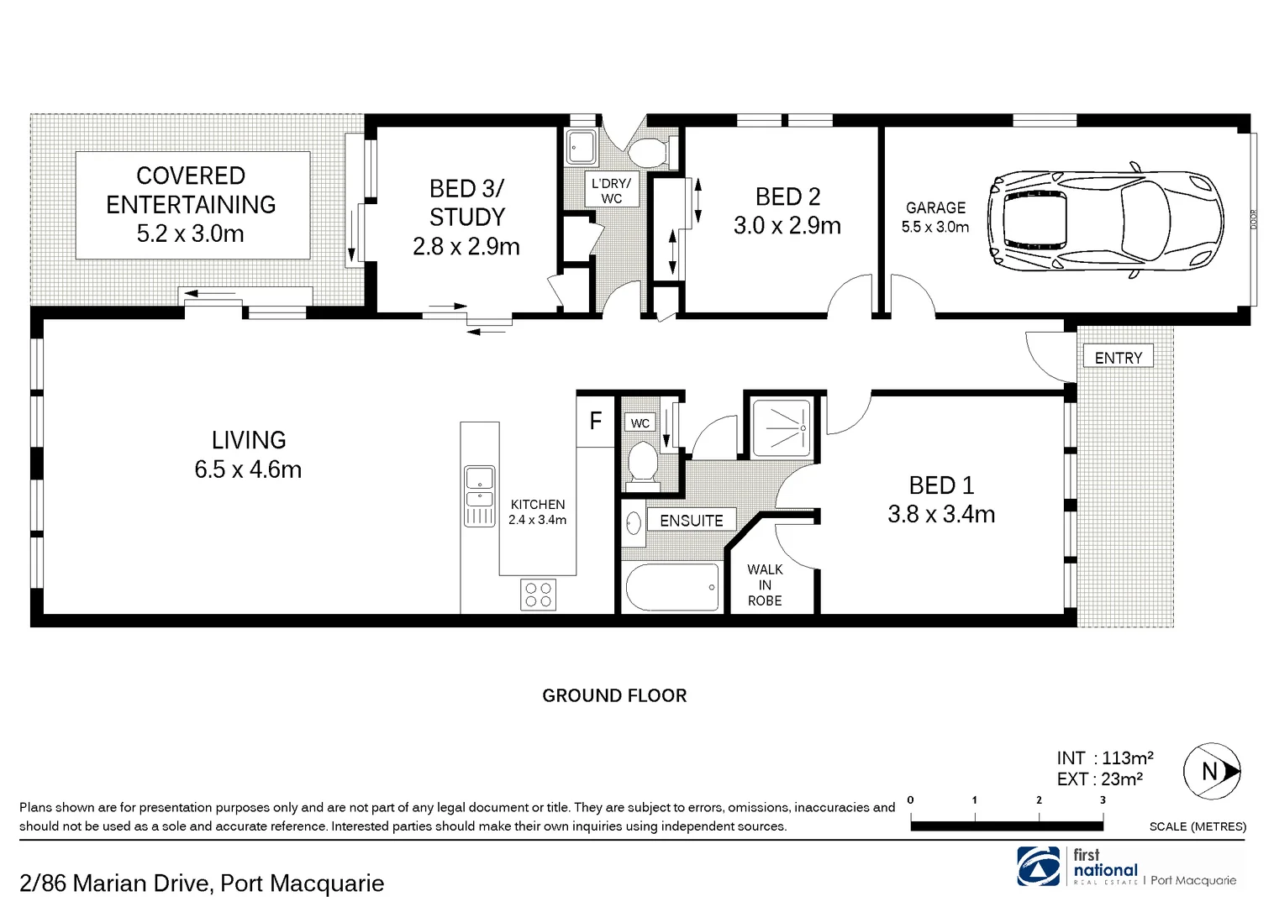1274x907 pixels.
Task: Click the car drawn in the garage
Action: (x=1106, y=221)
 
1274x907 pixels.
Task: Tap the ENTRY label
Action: (x=1118, y=358)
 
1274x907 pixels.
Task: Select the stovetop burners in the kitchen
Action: (x=538, y=595)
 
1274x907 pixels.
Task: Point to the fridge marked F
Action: (x=596, y=420)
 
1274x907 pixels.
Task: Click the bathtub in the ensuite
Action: (x=672, y=587)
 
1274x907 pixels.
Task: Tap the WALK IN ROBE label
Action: (x=765, y=585)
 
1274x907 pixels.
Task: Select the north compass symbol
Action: (x=1211, y=771)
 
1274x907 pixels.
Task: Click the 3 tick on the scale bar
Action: (x=1103, y=801)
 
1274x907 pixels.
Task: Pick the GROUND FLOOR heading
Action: (x=614, y=695)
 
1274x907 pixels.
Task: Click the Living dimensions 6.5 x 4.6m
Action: (x=248, y=469)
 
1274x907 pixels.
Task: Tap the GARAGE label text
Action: (x=935, y=207)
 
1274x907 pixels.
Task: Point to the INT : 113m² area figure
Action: (x=1105, y=758)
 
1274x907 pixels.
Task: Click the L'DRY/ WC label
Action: (x=611, y=191)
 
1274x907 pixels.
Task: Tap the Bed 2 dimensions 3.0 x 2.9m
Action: (x=787, y=226)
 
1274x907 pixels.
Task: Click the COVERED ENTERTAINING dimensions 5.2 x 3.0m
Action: (x=191, y=233)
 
